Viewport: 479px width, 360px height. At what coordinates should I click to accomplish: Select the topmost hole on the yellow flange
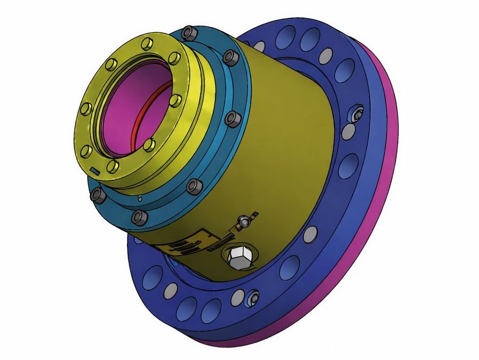[x=147, y=42]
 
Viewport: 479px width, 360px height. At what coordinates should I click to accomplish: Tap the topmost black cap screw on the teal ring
[x=189, y=34]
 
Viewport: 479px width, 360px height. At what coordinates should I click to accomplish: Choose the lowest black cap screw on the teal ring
[x=139, y=217]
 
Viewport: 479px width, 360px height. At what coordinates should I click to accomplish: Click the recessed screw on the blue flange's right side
[x=357, y=114]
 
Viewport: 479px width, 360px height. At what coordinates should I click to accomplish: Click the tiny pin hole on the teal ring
[x=139, y=199]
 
